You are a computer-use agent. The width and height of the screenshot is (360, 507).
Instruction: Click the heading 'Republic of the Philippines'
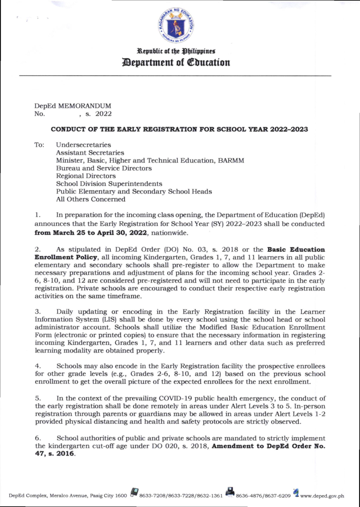[x=176, y=51]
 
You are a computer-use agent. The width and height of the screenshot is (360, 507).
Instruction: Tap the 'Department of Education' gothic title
[x=176, y=62]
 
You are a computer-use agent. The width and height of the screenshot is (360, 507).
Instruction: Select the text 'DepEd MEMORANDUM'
[x=73, y=106]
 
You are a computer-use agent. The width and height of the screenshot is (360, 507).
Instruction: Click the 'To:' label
[x=40, y=145]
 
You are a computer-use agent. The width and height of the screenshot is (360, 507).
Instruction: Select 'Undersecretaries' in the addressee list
[x=83, y=145]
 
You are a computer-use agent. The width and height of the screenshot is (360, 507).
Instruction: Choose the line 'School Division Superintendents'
[x=109, y=184]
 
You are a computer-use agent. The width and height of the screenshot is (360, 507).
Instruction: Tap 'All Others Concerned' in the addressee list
[x=90, y=199]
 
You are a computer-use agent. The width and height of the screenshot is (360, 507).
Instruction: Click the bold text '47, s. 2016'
[x=55, y=454]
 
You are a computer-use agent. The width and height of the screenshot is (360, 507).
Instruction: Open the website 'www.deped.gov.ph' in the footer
[x=322, y=496]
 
